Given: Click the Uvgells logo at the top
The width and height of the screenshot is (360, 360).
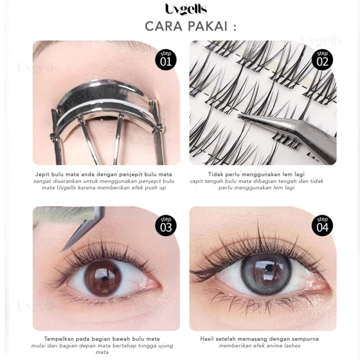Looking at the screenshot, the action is click(186, 9).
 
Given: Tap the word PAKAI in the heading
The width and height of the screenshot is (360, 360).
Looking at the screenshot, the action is click(207, 26).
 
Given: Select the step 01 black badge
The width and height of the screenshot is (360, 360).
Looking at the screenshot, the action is click(166, 60).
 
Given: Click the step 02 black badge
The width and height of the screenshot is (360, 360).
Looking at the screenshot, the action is click(322, 60).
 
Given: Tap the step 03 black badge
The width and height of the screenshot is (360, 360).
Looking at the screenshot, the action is click(166, 226).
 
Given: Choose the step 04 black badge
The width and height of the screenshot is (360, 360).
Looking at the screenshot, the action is click(322, 226).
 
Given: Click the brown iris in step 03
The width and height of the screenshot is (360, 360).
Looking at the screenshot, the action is click(103, 278).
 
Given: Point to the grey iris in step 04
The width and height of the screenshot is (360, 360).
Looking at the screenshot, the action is click(266, 275).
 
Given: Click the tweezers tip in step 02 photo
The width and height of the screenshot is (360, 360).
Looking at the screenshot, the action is click(239, 116).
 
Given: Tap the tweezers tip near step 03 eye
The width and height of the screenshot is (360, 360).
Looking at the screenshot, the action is click(63, 250).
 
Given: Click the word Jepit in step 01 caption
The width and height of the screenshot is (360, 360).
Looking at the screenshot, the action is click(41, 174).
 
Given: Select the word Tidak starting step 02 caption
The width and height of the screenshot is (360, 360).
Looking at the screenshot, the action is click(214, 174).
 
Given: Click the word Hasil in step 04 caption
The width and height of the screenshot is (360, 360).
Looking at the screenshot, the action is click(206, 339).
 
